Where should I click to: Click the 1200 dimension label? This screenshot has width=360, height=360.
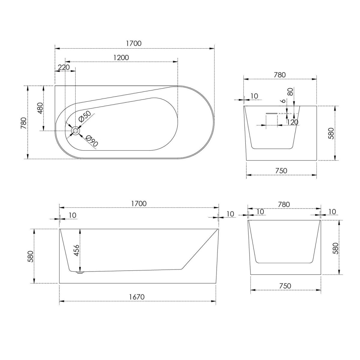(121, 58)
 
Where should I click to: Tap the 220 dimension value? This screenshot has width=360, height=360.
(64, 67)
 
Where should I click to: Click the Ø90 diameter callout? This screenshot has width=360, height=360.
(92, 141)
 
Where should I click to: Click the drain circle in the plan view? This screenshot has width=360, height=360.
(75, 130)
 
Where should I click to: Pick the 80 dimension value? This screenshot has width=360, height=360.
(290, 92)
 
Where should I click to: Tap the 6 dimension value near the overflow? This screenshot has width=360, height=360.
(283, 101)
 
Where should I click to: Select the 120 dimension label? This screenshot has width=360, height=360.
(292, 122)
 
